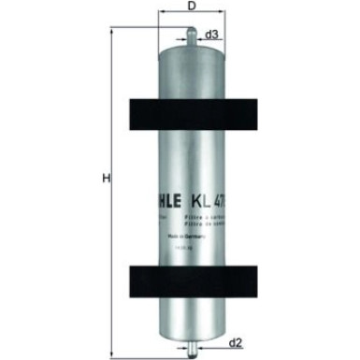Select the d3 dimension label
211,34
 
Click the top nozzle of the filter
192,36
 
